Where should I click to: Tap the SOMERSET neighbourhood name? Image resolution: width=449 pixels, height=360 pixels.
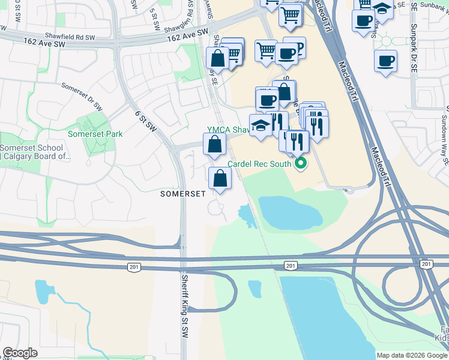[x=183, y=194]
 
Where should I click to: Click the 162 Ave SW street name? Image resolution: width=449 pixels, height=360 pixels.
[x=181, y=35]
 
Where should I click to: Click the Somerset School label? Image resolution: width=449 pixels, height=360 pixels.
[x=31, y=148]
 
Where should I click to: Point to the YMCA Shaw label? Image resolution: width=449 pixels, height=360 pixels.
[x=228, y=130]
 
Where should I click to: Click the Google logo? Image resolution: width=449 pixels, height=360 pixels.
[x=20, y=353]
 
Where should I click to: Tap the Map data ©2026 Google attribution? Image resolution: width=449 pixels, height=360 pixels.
[x=412, y=355]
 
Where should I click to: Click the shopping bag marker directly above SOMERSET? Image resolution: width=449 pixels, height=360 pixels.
[x=220, y=178]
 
